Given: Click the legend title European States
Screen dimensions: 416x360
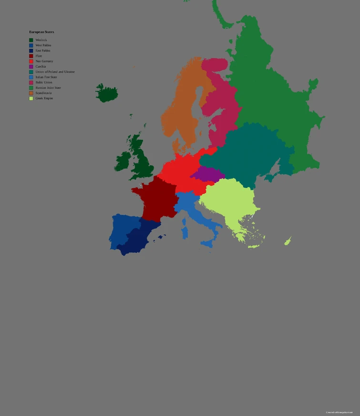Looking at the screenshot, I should [41, 32].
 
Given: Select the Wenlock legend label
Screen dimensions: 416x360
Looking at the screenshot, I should [41, 40].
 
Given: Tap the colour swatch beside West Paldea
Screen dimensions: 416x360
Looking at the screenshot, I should [31, 45].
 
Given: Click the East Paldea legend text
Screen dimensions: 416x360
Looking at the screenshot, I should [42, 51].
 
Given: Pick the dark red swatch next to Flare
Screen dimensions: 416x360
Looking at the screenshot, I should [31, 56].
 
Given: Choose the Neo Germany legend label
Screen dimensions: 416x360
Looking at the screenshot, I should [44, 61].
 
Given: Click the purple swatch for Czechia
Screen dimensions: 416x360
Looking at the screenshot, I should [31, 67].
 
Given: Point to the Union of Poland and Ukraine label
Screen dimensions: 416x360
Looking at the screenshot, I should [55, 72].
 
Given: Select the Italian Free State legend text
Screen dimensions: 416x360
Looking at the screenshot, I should [46, 77].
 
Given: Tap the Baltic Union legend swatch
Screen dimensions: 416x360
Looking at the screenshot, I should [31, 83].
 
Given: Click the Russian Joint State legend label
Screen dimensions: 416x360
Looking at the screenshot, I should [48, 88].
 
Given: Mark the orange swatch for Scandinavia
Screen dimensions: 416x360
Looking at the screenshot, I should [31, 93].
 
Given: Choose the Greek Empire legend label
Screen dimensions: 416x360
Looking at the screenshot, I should [44, 98].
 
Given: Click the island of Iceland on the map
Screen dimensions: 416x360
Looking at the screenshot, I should [107, 94].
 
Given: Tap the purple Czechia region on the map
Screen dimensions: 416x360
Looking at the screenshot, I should [208, 174].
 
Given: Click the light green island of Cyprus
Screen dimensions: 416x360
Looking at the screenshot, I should [288, 241].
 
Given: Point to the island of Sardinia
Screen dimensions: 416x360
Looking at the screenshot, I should [185, 232].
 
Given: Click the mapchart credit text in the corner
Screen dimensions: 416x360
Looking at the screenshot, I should [339, 412].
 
